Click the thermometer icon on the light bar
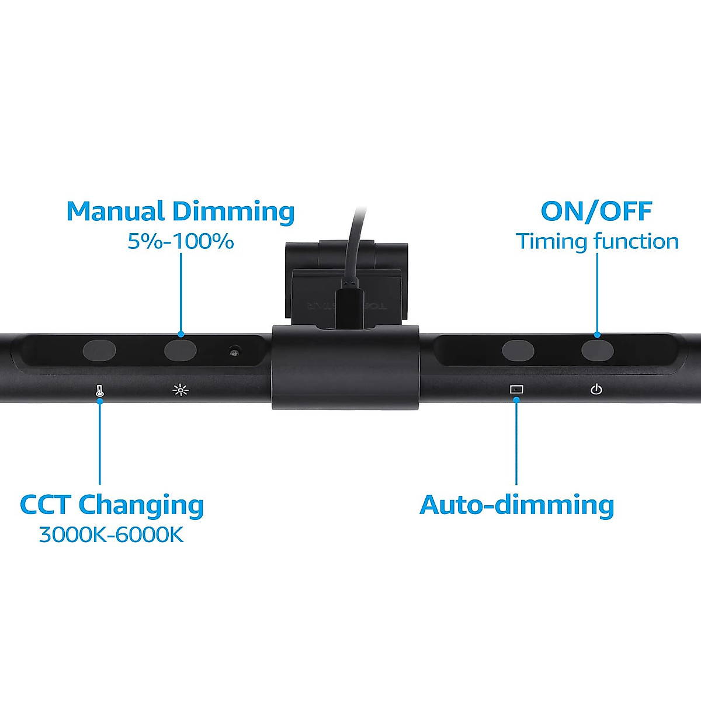click(100, 390)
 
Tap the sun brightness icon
click(181, 390)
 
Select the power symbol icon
click(596, 389)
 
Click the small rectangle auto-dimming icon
click(516, 389)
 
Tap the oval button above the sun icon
click(180, 350)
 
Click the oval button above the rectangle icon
click(518, 351)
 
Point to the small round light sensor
click(235, 352)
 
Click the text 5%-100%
click(181, 241)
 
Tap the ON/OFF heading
click(596, 211)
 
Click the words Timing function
click(597, 241)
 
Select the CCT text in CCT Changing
click(45, 505)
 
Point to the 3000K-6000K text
click(111, 535)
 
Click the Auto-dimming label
click(516, 505)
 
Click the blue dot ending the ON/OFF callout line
click(597, 335)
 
